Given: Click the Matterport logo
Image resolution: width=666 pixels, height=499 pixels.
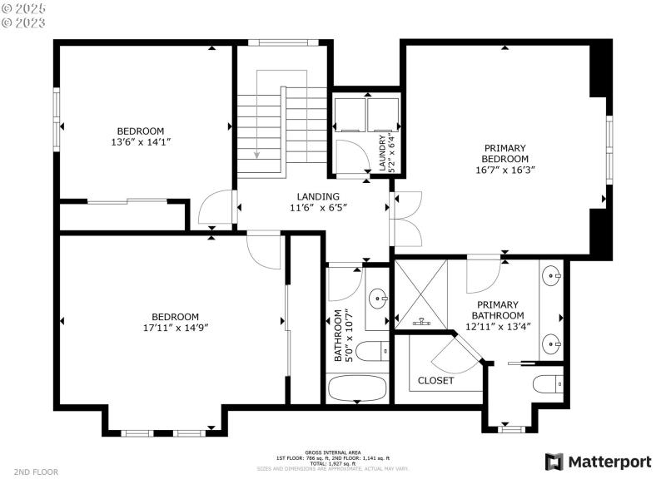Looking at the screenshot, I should [598, 462].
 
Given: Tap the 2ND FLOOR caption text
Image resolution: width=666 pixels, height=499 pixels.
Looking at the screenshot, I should [36, 472].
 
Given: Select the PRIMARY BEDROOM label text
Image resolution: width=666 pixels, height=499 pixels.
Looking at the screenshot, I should [505, 153].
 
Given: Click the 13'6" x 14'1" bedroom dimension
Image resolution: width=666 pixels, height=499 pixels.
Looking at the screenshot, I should [140, 142].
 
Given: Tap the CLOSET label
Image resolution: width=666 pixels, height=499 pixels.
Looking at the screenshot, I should [436, 380].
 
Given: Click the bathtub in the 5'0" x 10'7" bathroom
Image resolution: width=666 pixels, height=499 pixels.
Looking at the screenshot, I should [357, 388].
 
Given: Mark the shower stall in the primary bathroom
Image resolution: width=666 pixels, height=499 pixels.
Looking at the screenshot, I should [421, 294].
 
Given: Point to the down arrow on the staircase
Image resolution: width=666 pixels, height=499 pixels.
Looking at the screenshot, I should [257, 153].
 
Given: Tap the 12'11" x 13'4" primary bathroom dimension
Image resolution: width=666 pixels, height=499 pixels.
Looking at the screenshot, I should [498, 327].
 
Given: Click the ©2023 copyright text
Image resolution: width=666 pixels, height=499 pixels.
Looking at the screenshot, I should [24, 22].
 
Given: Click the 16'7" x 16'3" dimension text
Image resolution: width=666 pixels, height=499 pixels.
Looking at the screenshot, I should [505, 170].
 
